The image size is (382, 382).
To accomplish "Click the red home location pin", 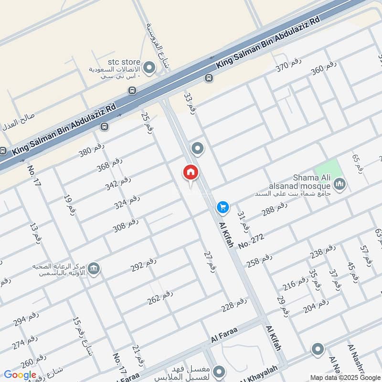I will click(x=191, y=172).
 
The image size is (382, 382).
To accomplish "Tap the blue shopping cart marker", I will click(x=223, y=207).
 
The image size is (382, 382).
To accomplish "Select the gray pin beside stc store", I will click(x=149, y=67).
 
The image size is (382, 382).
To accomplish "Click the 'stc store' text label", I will click(x=124, y=62).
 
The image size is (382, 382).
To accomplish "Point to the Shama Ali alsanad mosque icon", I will click(x=340, y=183).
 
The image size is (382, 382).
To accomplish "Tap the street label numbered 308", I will click(x=126, y=225).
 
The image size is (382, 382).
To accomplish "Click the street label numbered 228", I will click(x=234, y=304).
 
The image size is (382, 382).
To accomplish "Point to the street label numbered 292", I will click(x=144, y=265).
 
